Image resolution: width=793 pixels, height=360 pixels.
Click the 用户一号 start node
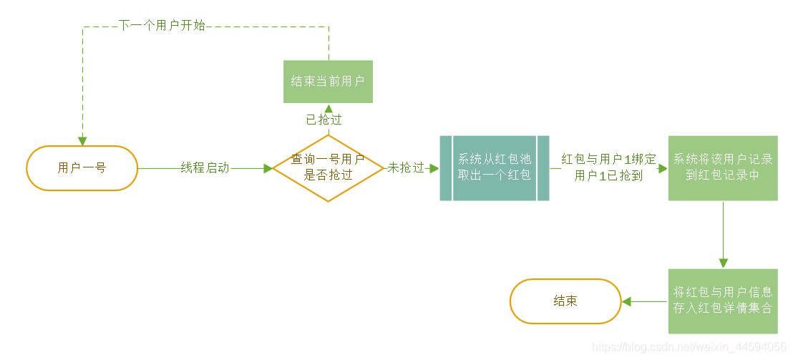82,168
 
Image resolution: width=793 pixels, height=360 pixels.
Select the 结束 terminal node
565,301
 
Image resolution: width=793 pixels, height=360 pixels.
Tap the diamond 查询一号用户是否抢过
329,167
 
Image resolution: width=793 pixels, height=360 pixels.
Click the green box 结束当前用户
329,82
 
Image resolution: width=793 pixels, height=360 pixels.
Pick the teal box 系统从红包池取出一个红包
495,167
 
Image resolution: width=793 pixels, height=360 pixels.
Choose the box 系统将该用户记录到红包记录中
723,167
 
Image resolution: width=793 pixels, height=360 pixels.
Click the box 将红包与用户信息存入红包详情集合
723,301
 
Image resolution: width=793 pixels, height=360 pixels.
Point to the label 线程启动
205,168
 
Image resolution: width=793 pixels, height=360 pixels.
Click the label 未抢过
406,168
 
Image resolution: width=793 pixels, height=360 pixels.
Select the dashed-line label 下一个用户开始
162,26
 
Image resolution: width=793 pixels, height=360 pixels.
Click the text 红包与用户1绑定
609,159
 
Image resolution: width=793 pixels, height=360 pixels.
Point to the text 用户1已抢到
609,176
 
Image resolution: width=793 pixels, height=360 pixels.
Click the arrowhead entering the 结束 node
627,301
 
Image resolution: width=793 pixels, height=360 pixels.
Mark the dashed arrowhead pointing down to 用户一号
82,140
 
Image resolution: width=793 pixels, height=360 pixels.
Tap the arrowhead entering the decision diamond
268,168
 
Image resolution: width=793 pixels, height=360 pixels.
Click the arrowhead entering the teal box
434,168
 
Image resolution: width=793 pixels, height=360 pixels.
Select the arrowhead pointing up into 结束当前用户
329,108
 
